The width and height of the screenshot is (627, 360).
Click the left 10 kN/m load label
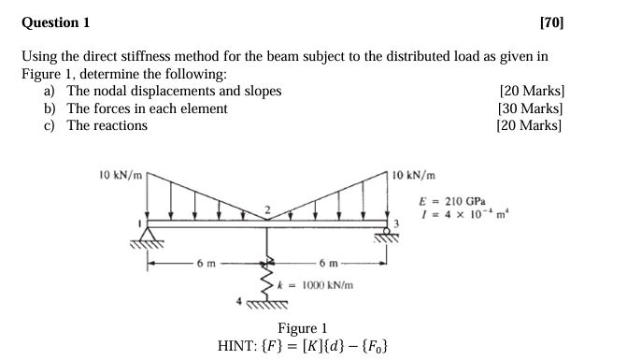[120, 173]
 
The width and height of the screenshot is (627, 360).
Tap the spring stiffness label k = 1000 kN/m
[320, 281]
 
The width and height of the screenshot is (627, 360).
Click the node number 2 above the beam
[266, 209]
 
